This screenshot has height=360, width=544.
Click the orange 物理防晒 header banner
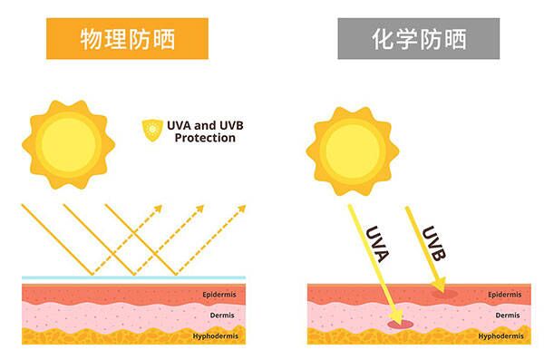pos(127,38)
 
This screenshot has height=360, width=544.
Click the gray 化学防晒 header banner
pos(419,38)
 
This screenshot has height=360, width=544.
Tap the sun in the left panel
pos(68,145)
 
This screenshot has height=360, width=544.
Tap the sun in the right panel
pos(353,151)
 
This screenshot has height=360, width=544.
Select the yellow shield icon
pos(152,131)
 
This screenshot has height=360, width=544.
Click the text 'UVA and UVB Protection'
pos(205,131)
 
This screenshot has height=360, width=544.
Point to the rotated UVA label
pos(377,244)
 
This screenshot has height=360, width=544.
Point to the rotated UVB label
pos(433,243)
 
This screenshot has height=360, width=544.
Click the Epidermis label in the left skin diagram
pos(219,295)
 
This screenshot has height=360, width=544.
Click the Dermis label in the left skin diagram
pos(222,316)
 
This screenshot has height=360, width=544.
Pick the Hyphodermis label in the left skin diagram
pos(216,336)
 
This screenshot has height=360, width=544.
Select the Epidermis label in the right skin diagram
pos(505,295)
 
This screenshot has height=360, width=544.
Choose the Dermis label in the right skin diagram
pos(508,316)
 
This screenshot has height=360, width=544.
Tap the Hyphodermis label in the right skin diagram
pos(501,336)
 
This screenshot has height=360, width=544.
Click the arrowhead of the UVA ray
pos(397,316)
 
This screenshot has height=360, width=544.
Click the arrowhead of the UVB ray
pos(439,285)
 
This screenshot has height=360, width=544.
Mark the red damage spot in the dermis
pos(401,325)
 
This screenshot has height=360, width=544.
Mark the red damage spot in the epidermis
pos(445,294)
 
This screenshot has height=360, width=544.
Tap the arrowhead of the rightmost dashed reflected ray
pos(241,209)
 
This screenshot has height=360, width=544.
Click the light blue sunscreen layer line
pos(133,277)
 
